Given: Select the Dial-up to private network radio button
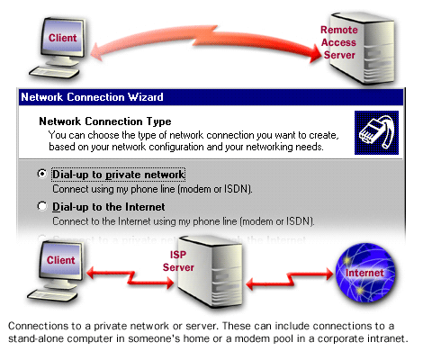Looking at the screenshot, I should point(42,174).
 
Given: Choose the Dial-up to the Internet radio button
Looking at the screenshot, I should point(42,206).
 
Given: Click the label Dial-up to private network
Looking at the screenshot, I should point(119,174).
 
